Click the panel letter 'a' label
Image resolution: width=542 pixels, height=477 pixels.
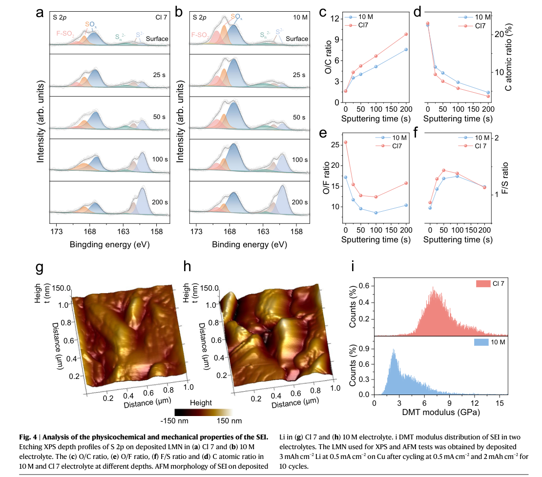point(40,13)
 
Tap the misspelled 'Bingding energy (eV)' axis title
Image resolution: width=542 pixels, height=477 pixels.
point(109,244)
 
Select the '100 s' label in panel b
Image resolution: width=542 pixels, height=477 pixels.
point(300,160)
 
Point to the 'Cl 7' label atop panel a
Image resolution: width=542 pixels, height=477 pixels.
point(161,17)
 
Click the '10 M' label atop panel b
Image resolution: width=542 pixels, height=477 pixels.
point(300,17)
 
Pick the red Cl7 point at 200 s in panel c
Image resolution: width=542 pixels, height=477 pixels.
point(406,34)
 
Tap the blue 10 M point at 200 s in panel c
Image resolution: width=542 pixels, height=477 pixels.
point(406,49)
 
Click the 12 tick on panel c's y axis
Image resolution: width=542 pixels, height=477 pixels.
point(334,19)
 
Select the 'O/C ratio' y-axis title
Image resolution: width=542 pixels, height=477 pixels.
point(328,57)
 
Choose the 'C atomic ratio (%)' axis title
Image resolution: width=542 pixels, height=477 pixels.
point(508,57)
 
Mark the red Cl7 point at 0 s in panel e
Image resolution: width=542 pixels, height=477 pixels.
point(346,142)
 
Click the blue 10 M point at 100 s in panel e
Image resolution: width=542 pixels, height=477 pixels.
point(376,213)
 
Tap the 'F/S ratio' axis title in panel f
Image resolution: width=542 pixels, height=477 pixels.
point(505,178)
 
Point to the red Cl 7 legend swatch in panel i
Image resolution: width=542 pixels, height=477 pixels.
point(483,284)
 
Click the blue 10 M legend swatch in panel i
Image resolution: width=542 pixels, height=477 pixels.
point(481,342)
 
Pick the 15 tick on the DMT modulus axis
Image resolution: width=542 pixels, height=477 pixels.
point(500,403)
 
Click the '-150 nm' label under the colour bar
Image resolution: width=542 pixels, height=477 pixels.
point(174,421)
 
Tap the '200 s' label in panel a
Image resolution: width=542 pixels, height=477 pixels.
point(160,202)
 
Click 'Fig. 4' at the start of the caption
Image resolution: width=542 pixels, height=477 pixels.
point(28,437)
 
